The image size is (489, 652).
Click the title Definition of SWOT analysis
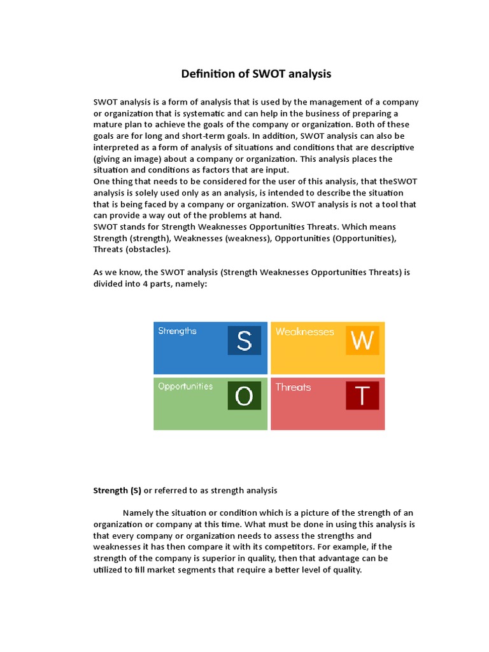(256, 74)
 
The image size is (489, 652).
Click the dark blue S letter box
(244, 341)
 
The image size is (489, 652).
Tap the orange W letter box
(362, 341)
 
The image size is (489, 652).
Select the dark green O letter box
(244, 396)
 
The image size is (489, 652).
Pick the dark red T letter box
(362, 396)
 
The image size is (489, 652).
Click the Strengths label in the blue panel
(177, 331)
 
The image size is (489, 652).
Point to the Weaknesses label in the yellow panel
(304, 332)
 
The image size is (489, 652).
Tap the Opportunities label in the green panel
(185, 386)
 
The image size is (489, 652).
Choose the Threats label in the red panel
(293, 387)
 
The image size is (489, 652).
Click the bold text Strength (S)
(117, 490)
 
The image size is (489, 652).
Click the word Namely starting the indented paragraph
(138, 513)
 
